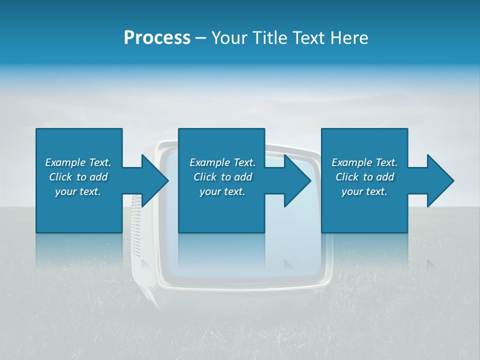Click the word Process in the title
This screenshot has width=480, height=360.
(157, 38)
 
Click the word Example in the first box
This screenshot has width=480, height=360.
(65, 162)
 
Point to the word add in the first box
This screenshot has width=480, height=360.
(98, 177)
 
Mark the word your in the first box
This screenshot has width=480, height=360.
(65, 192)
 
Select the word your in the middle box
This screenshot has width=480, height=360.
(209, 192)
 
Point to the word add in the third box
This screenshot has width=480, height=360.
(385, 177)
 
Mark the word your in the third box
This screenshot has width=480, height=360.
(351, 192)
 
